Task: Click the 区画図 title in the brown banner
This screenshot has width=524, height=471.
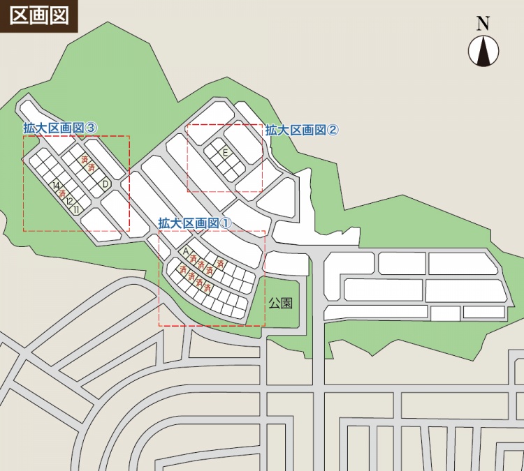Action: point(39,15)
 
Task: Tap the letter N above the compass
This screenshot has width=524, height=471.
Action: point(483,24)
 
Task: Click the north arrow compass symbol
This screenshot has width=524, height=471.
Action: point(483,51)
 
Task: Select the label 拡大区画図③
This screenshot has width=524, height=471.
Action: point(60,128)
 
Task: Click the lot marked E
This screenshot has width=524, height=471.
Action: point(225,152)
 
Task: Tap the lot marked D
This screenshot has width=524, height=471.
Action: point(105,184)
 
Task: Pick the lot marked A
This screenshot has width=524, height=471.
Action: point(186,251)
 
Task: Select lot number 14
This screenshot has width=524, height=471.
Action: point(56,186)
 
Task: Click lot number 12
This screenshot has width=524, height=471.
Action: point(70,201)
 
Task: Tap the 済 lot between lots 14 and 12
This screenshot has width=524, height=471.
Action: point(63,193)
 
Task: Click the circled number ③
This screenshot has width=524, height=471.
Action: point(91,128)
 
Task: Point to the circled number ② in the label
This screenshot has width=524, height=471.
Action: point(333,130)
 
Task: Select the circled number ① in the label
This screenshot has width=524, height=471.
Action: point(225,223)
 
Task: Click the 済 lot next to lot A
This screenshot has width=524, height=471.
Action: point(194,258)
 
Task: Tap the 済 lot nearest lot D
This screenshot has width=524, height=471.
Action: point(92,168)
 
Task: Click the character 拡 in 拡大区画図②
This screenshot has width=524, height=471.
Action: point(271,130)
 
